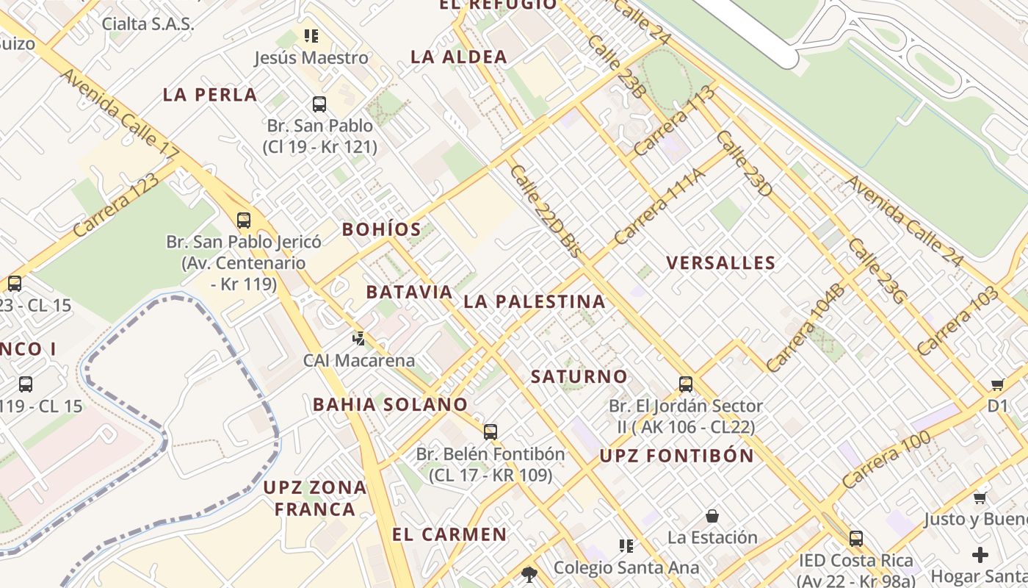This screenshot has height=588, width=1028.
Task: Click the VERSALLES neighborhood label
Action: [x=720, y=263]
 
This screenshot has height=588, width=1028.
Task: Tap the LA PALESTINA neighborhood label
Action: [x=535, y=301]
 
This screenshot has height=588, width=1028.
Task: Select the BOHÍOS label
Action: [x=382, y=229]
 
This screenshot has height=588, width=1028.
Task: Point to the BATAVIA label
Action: [x=409, y=292]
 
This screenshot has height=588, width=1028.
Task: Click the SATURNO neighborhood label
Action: [x=579, y=377]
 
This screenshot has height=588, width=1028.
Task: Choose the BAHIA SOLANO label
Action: [x=390, y=404]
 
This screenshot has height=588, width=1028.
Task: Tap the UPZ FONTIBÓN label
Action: [x=676, y=456]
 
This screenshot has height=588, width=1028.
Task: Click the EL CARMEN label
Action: [x=449, y=534]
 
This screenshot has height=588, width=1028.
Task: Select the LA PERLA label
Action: [x=210, y=95]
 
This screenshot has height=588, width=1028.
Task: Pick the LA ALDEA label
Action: [x=459, y=57]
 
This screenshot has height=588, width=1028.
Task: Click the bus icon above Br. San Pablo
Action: [x=319, y=104]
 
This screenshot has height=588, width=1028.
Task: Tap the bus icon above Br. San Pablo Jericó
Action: [x=243, y=220]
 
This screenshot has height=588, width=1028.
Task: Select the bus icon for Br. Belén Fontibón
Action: [x=490, y=432]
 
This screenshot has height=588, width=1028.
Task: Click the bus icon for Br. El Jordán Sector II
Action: [x=685, y=384]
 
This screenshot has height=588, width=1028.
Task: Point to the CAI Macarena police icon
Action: [x=358, y=339]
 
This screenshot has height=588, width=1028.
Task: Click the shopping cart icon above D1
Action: [x=997, y=384]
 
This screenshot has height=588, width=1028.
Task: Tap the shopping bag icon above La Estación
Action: [x=712, y=516]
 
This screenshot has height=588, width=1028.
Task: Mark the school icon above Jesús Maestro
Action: [x=311, y=35]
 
